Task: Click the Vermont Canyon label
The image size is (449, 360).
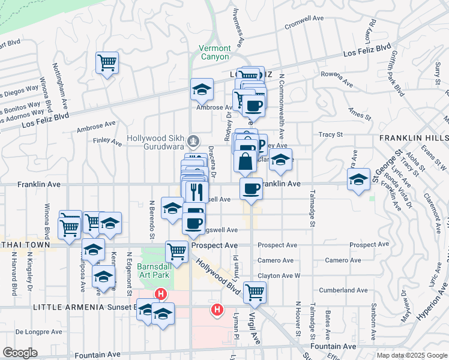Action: pyautogui.click(x=214, y=52)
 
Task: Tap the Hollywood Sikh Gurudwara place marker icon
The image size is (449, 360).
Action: pyautogui.click(x=193, y=142)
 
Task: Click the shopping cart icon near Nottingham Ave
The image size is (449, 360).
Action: pyautogui.click(x=107, y=62)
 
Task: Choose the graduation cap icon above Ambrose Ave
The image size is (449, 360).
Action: pyautogui.click(x=202, y=90)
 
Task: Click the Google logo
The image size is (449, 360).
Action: pyautogui.click(x=20, y=353)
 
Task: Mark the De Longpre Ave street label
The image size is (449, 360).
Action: pyautogui.click(x=35, y=331)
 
